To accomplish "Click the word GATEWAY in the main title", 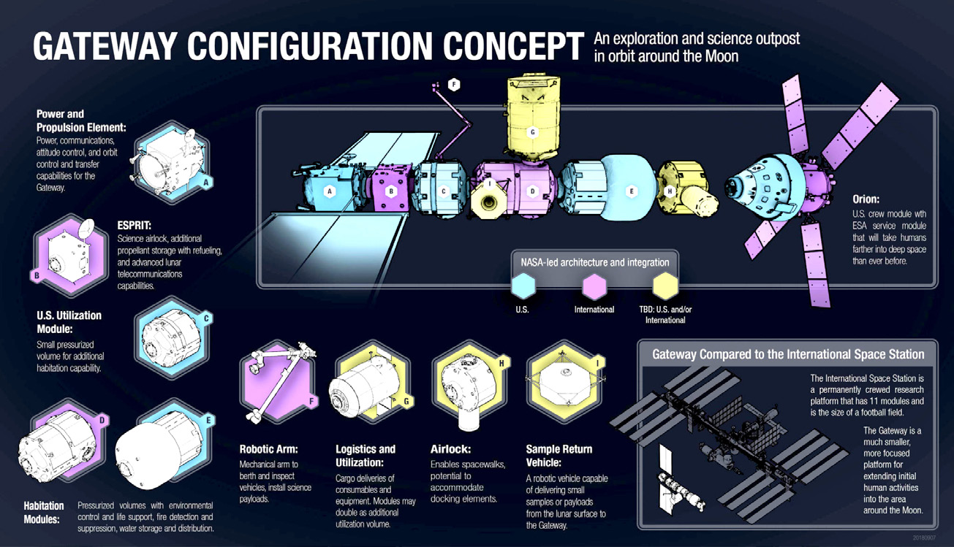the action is (x=105, y=46).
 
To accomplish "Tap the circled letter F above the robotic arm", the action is (x=454, y=85).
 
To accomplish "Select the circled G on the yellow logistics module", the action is (x=532, y=132).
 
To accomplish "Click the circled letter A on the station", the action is (x=329, y=191).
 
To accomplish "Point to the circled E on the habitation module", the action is (x=632, y=191).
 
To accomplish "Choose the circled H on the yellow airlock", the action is (x=670, y=191).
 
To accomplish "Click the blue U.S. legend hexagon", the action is (x=523, y=286).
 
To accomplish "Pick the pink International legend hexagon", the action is (x=594, y=286).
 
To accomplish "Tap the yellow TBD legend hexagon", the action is (x=665, y=286).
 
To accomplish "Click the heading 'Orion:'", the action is (x=866, y=199).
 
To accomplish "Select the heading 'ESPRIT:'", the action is (x=135, y=226).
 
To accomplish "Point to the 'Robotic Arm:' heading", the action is (x=269, y=449).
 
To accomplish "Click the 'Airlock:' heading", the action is (x=450, y=449).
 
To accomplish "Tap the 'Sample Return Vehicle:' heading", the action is (x=559, y=456).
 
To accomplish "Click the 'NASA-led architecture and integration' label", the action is (x=595, y=262).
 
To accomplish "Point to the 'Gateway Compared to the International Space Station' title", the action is (x=788, y=354).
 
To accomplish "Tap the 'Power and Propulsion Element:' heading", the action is (x=81, y=121).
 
